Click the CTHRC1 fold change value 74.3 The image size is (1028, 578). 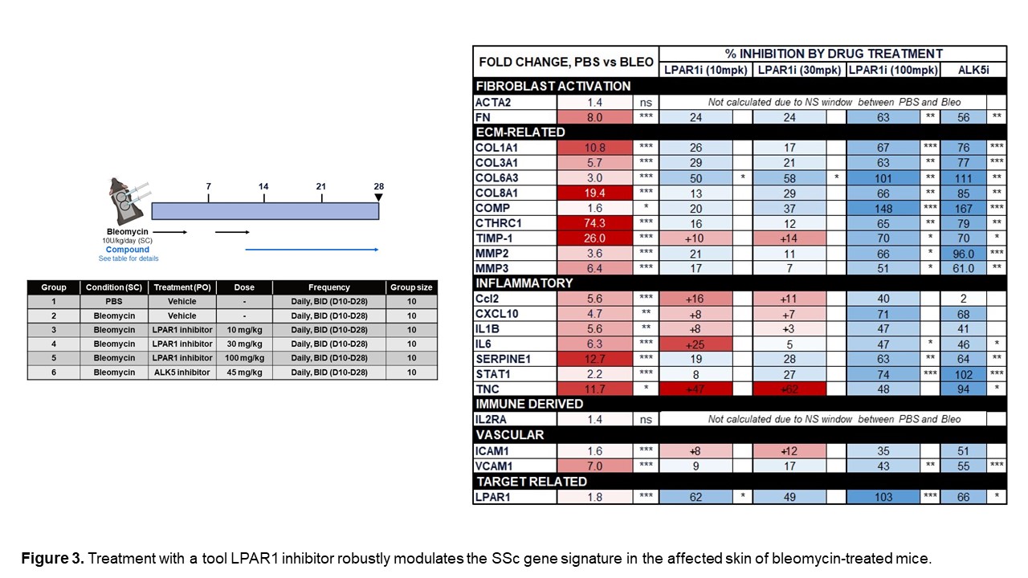click(595, 222)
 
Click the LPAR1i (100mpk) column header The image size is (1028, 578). click(893, 70)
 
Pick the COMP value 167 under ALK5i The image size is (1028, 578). click(963, 208)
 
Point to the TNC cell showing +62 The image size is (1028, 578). click(789, 389)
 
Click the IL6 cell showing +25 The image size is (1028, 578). click(696, 344)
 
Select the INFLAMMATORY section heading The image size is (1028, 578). click(524, 283)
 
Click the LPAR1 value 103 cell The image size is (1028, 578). click(883, 497)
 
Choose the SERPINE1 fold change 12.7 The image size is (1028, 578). click(595, 360)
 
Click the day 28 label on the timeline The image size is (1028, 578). click(378, 187)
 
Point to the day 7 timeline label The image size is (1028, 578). click(208, 187)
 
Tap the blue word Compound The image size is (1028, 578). click(128, 250)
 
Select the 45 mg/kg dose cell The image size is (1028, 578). click(244, 372)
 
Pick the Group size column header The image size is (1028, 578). click(411, 287)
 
